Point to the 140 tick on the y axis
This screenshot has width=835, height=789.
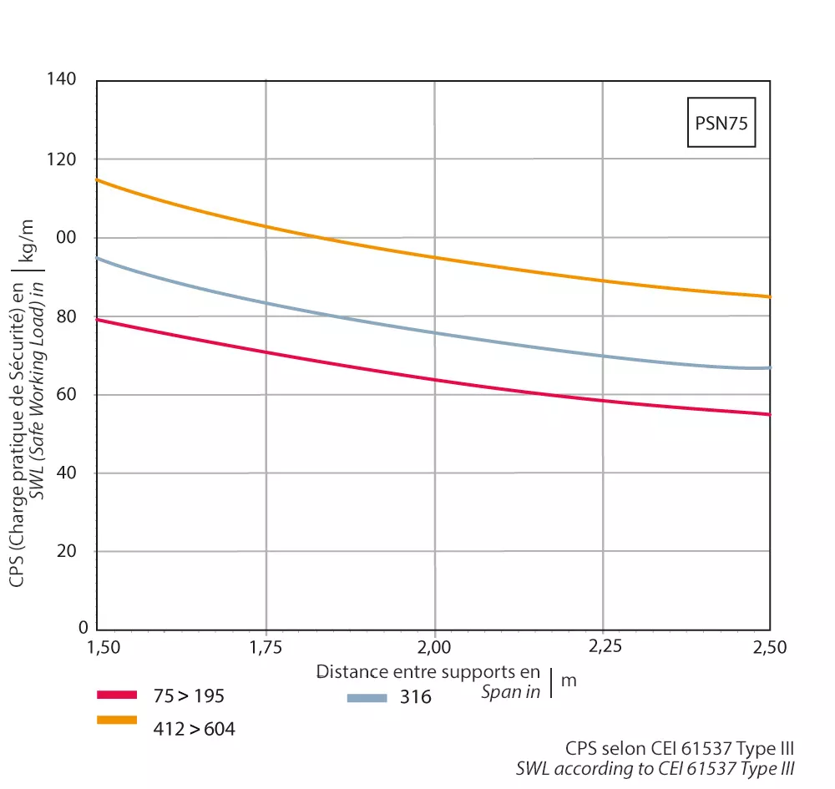pyautogui.click(x=63, y=79)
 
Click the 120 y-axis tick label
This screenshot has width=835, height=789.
pyautogui.click(x=63, y=159)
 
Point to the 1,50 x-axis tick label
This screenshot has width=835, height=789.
pyautogui.click(x=104, y=646)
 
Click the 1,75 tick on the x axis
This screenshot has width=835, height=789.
pyautogui.click(x=266, y=646)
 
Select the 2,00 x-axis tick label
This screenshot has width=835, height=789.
pyautogui.click(x=434, y=646)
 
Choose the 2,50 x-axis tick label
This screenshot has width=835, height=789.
pyautogui.click(x=769, y=646)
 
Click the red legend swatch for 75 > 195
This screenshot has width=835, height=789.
pyautogui.click(x=116, y=695)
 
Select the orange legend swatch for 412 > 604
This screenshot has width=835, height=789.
pyautogui.click(x=116, y=720)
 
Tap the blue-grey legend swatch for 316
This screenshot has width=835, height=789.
pyautogui.click(x=366, y=697)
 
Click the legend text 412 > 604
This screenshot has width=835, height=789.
pyautogui.click(x=194, y=729)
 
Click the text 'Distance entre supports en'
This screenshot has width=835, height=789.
pyautogui.click(x=428, y=672)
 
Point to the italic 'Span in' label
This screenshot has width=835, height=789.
pyautogui.click(x=510, y=691)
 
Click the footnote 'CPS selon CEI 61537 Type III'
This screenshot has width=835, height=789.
pyautogui.click(x=680, y=748)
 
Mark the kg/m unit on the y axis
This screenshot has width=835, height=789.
pyautogui.click(x=38, y=241)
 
